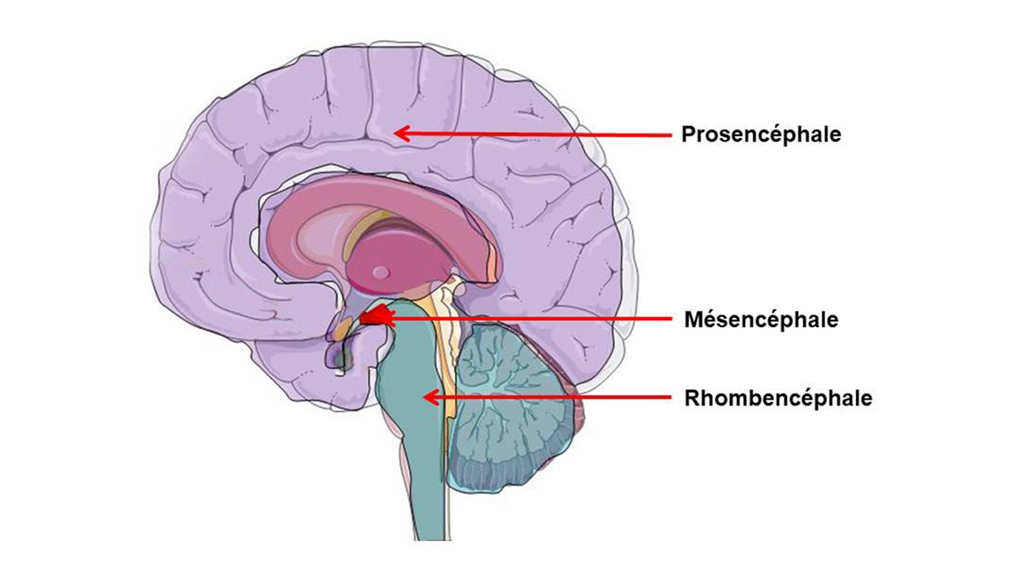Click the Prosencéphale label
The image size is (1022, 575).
click(x=761, y=135)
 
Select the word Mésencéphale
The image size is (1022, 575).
click(x=761, y=319)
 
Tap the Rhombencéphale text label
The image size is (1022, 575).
click(x=778, y=398)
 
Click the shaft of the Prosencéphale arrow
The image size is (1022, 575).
click(x=537, y=134)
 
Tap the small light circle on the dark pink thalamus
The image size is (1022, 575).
click(x=381, y=273)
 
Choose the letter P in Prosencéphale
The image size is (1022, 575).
click(x=687, y=135)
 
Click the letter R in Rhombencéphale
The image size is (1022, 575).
click(x=691, y=398)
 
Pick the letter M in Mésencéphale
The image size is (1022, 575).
click(x=692, y=319)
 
